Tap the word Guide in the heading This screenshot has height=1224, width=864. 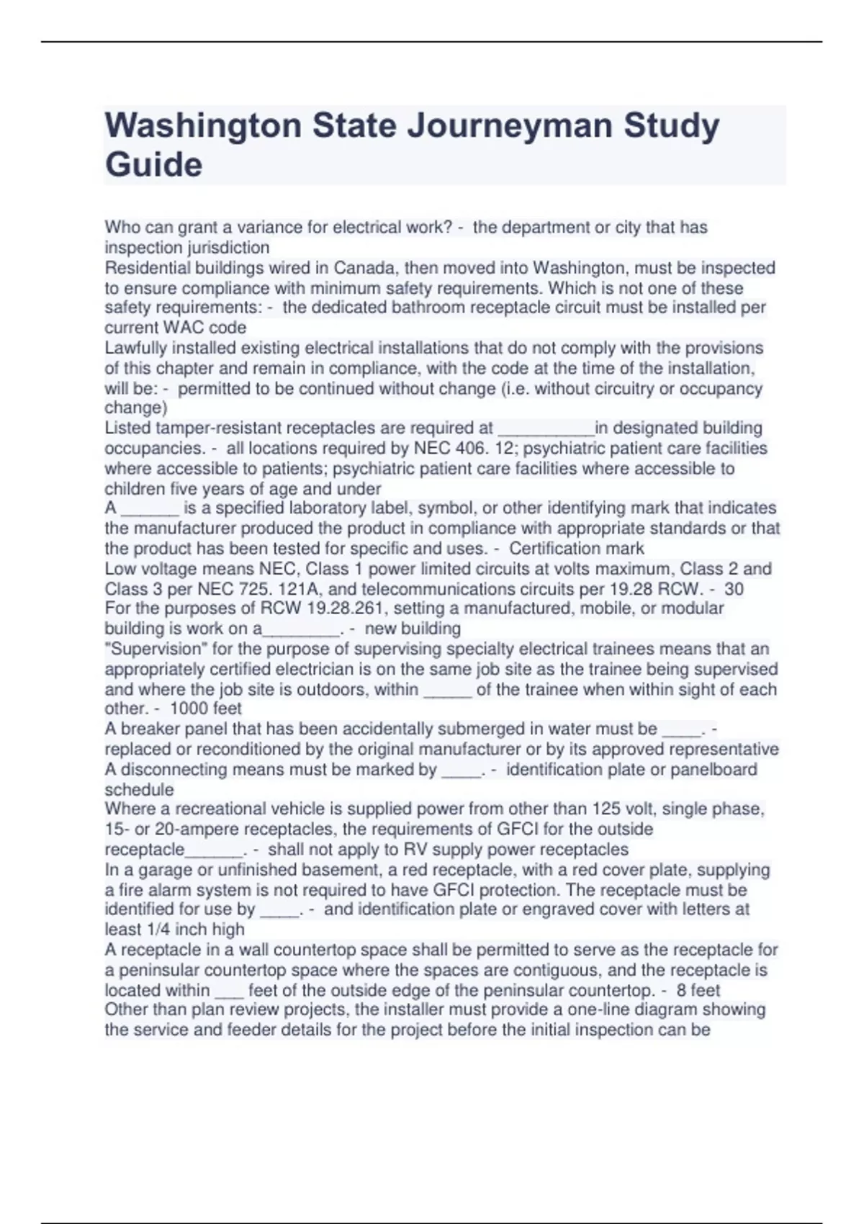pyautogui.click(x=153, y=165)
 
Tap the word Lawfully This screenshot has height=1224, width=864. pyautogui.click(x=136, y=348)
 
